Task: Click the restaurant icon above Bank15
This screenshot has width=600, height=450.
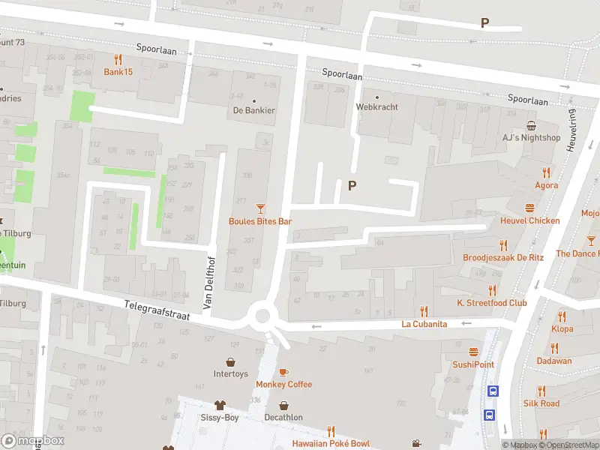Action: point(118,59)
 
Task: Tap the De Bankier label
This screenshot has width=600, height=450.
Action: point(253,110)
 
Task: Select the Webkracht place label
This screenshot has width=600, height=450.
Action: point(376,106)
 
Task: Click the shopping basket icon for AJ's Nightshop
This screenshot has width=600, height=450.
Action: point(531,125)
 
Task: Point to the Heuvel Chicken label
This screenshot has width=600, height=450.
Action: point(530,220)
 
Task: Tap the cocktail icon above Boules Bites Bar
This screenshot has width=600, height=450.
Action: point(260,208)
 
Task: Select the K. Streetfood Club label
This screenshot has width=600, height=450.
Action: point(492,303)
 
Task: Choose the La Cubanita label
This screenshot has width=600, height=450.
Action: point(424,324)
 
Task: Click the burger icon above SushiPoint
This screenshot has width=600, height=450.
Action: point(473,351)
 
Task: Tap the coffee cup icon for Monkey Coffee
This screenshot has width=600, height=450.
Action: point(283,372)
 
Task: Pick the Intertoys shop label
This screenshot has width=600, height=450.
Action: point(230,373)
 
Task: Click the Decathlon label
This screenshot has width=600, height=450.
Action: point(283,417)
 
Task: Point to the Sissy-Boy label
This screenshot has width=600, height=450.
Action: point(220,417)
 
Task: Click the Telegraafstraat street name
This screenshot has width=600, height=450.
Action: point(157,309)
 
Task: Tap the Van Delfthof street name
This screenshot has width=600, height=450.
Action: point(208,281)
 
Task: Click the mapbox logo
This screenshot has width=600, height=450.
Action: point(33,440)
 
